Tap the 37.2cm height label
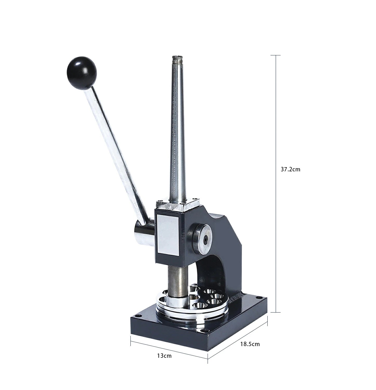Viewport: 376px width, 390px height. click(x=290, y=170)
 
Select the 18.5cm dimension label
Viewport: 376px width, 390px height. click(x=250, y=344)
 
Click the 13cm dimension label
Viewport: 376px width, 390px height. click(x=164, y=355)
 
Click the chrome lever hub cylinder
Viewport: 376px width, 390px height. click(x=144, y=232)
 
